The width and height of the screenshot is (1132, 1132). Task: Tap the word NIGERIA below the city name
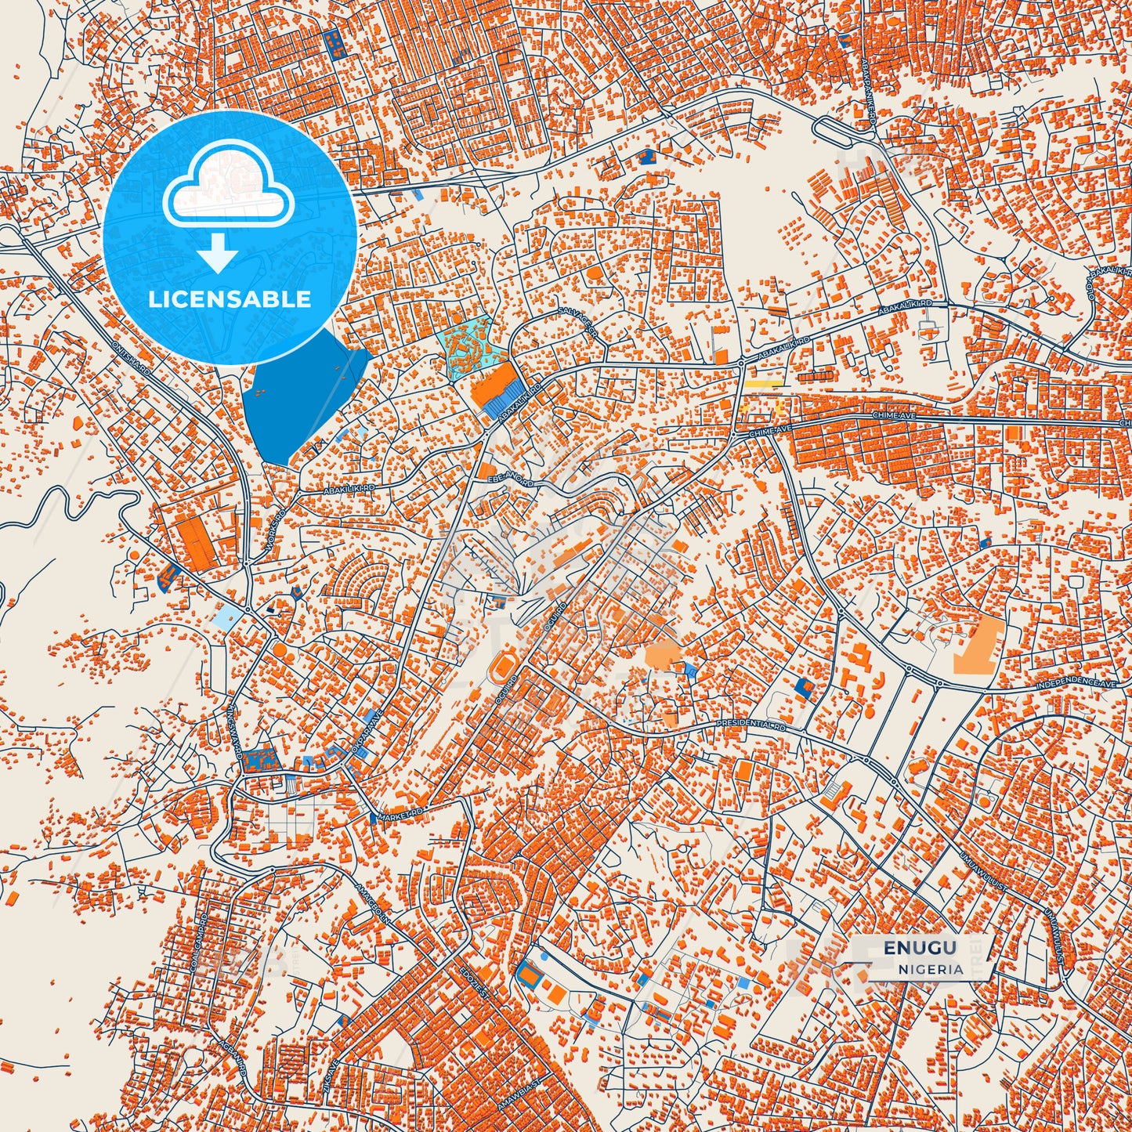[x=931, y=968]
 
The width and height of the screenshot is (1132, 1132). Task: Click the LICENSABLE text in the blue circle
[x=230, y=299]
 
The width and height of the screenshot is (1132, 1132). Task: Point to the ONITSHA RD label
[x=131, y=357]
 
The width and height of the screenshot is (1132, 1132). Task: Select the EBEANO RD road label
[x=511, y=479]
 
